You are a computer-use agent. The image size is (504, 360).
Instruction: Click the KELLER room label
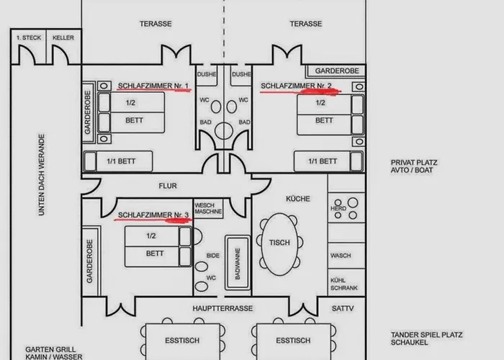point(63,37)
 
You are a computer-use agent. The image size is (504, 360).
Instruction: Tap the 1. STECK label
point(29,37)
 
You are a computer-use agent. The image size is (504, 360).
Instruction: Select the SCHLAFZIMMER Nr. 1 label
point(153,86)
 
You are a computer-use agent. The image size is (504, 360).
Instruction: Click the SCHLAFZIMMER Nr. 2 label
point(296,86)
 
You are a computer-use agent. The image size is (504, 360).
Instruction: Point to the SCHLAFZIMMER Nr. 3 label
point(153,215)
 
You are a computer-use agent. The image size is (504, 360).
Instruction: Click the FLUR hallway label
point(168,186)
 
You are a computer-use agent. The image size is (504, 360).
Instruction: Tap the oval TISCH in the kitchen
point(279,244)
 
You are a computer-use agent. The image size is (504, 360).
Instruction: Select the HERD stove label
point(338,208)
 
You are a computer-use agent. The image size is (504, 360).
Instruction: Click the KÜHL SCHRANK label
point(344,284)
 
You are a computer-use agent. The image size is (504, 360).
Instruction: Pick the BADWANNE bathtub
point(238,263)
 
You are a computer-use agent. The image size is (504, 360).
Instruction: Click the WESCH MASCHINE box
point(208,208)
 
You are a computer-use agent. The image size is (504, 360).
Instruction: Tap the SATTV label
point(343,308)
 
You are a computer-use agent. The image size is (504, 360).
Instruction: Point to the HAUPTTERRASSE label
point(222,308)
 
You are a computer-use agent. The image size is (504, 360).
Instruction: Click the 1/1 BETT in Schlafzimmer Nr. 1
point(118,161)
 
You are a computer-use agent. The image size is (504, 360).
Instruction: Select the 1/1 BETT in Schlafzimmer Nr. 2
point(328,161)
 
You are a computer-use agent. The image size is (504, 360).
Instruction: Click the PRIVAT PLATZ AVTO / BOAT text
point(414,166)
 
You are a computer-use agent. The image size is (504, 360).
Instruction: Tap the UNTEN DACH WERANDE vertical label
point(42,175)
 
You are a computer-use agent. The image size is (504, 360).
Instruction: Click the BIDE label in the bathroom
point(213,256)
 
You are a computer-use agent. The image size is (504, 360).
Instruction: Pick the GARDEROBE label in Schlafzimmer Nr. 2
point(337,71)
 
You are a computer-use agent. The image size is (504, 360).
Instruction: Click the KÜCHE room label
point(298,199)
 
